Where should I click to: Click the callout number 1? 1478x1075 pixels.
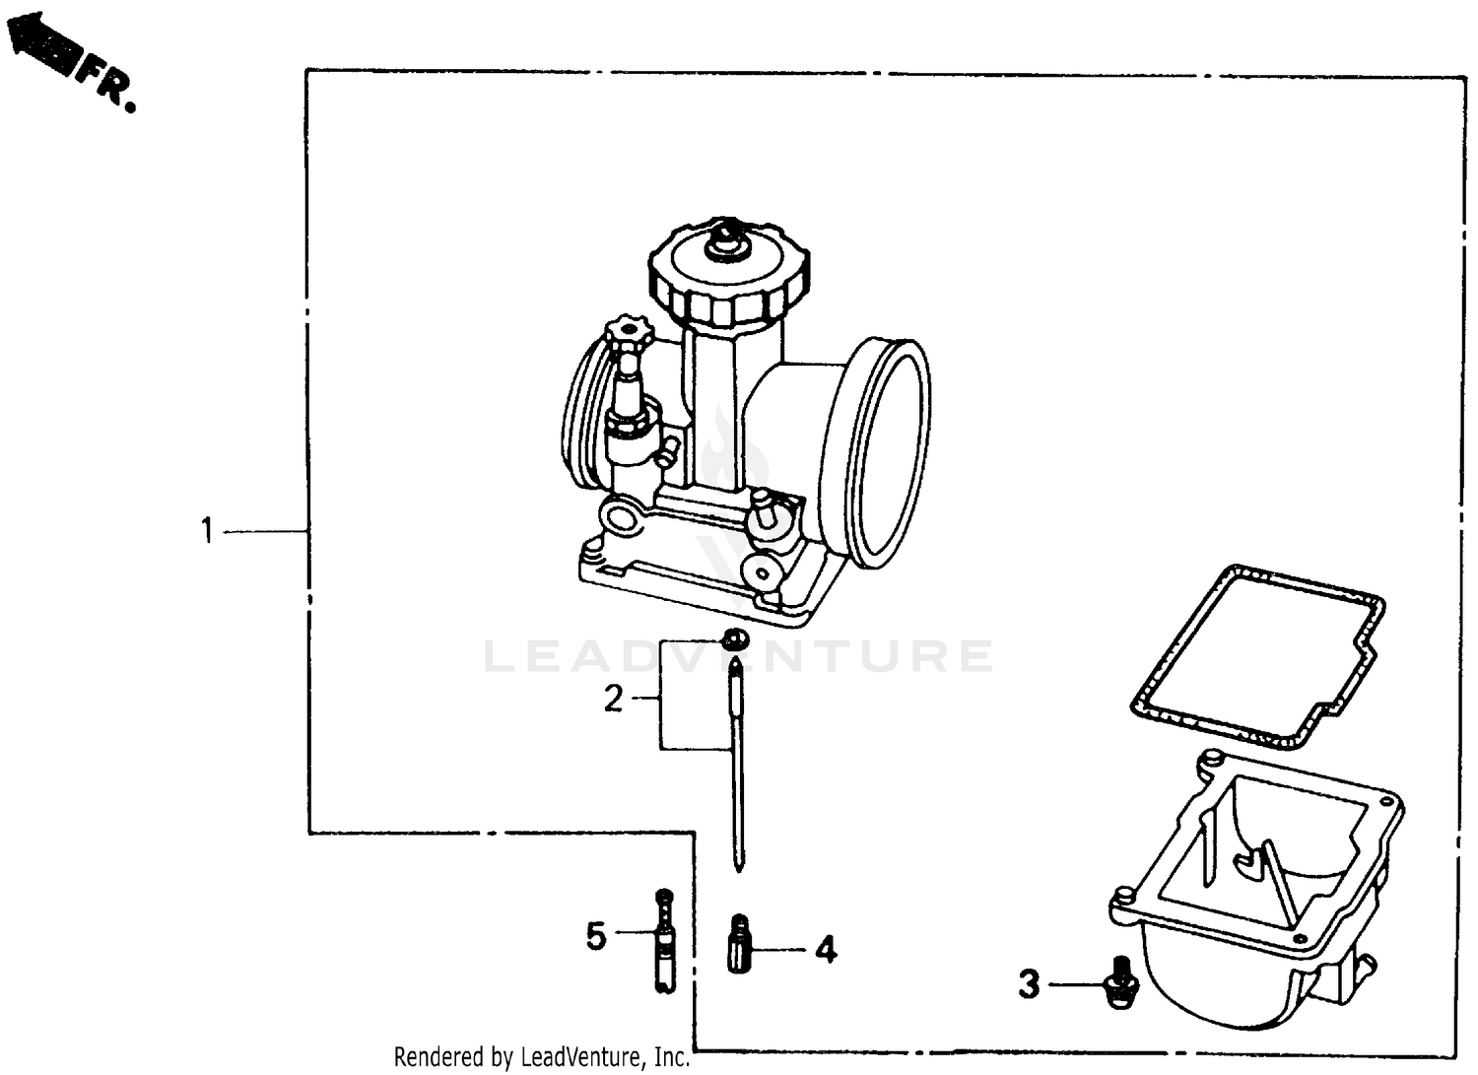click(x=207, y=531)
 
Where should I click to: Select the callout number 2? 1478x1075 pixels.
click(x=613, y=699)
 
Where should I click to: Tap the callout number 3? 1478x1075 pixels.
click(x=1029, y=983)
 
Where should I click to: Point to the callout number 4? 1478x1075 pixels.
click(x=826, y=950)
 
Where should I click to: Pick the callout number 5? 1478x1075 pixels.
click(x=595, y=935)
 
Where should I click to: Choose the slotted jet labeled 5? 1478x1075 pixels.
click(x=665, y=940)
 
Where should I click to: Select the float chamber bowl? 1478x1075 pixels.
click(x=1256, y=887)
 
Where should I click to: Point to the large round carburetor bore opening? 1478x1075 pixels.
click(x=888, y=453)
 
